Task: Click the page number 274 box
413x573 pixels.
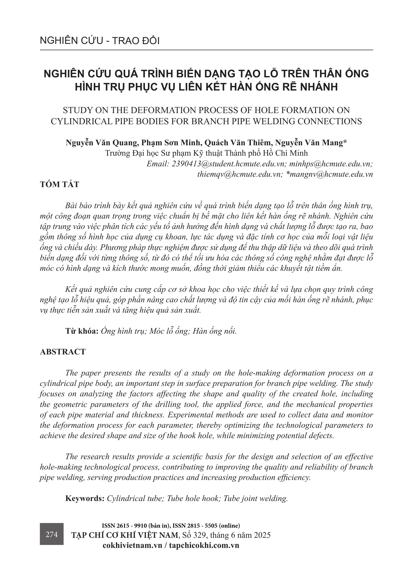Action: [51, 535]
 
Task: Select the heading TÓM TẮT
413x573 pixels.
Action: [60, 185]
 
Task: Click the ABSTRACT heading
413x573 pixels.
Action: [63, 352]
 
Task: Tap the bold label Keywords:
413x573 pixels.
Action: [85, 498]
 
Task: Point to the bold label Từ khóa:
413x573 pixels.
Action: [82, 331]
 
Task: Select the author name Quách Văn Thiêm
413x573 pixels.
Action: [237, 143]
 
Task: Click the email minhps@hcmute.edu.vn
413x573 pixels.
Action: [331, 164]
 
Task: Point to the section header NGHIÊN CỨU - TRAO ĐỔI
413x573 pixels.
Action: [100, 41]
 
